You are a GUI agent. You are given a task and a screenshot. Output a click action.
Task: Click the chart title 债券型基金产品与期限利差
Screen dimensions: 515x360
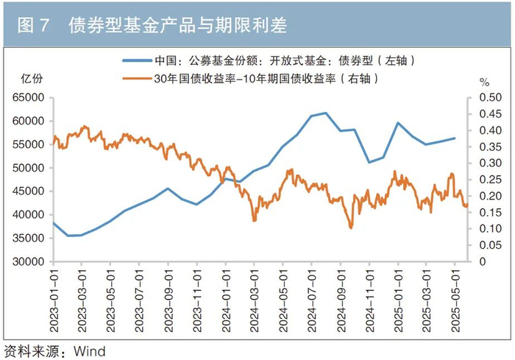[x=178, y=25]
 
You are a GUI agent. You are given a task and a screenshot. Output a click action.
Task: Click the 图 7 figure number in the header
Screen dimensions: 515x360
[x=33, y=25]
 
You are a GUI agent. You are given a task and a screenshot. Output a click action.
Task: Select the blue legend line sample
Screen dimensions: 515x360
[x=138, y=60]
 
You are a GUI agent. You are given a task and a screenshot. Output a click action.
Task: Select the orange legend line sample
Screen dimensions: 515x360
[x=138, y=79]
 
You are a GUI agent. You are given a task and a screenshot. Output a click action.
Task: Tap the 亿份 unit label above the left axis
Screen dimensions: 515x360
[x=32, y=79]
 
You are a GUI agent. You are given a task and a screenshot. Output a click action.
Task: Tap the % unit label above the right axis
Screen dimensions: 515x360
[x=484, y=82]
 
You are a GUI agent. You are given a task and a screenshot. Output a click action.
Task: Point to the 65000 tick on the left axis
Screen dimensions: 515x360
[x=28, y=98]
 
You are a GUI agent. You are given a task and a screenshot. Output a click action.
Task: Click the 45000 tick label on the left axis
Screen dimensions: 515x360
[x=28, y=191]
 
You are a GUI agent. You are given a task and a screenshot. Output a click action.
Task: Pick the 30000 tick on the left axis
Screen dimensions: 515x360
[x=28, y=261]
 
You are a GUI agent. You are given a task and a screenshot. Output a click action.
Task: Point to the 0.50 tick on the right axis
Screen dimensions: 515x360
[x=491, y=98]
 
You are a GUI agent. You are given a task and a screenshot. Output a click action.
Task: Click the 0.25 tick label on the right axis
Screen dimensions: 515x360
[x=491, y=180]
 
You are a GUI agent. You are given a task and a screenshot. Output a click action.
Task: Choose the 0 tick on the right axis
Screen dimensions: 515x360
[x=483, y=261]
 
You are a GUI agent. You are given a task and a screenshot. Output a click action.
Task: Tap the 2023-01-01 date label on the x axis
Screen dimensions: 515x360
[x=54, y=301]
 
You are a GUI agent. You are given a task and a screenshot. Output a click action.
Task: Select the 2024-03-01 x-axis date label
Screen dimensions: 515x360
[x=255, y=301]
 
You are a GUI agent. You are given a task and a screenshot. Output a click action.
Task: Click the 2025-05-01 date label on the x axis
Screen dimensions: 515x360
[x=455, y=301]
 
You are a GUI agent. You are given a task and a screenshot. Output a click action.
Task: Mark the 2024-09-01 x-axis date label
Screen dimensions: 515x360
[x=341, y=301]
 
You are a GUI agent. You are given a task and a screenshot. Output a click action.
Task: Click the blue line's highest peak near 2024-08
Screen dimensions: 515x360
[x=325, y=113]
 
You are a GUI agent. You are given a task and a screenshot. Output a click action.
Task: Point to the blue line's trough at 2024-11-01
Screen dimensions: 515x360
[x=369, y=163]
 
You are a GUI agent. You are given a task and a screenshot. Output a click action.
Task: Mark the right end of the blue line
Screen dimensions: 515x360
[x=455, y=138]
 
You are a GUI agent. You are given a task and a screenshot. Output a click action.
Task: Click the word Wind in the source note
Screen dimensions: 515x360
[x=89, y=351]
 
